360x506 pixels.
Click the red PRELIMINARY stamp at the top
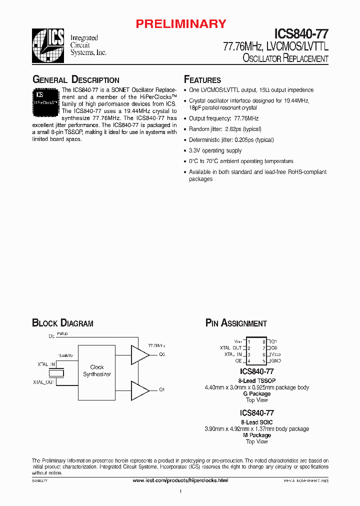[181, 23]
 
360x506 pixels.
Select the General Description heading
[75, 80]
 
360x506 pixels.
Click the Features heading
[202, 80]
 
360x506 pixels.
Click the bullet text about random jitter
[225, 129]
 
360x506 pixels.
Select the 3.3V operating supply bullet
[215, 150]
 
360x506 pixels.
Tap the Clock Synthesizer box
[97, 370]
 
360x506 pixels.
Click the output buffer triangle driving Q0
[139, 354]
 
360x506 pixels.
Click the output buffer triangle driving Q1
[139, 390]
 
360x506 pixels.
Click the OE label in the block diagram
[51, 336]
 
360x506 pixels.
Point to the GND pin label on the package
[276, 360]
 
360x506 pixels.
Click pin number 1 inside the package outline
[248, 341]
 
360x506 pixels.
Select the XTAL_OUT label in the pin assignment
[230, 348]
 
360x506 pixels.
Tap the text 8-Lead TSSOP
[256, 380]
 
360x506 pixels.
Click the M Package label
[256, 435]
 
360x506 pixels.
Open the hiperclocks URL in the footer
[180, 480]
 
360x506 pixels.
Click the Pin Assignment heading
[236, 323]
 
